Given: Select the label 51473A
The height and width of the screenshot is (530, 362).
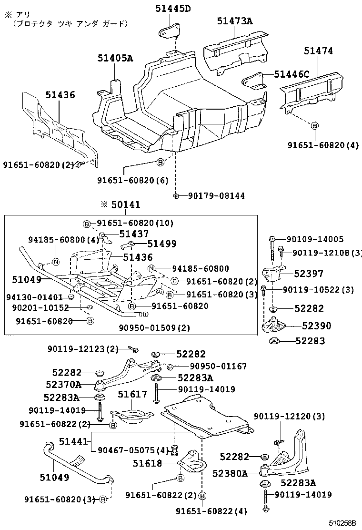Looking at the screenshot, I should tap(234, 21).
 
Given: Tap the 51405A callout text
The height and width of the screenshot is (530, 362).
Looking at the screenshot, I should tap(115, 59).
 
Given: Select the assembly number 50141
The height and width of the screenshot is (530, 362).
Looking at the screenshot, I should tap(126, 204).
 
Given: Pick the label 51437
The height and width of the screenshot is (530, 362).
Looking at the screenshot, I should tap(134, 234).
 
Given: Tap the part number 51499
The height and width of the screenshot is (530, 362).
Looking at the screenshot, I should tap(161, 244).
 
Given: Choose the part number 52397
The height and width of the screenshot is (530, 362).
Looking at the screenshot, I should tap(309, 274).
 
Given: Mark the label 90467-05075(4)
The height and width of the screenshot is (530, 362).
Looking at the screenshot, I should tap(133, 449).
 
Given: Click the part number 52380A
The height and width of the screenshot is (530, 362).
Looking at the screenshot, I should tap(230, 473).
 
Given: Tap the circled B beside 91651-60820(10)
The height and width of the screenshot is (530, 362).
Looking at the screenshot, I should tap(87, 224).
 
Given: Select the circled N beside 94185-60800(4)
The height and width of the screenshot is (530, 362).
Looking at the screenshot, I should tap(55, 261).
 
